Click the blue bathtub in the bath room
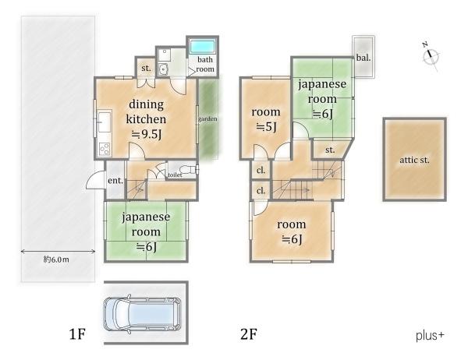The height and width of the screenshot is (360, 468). pyautogui.click(x=203, y=47)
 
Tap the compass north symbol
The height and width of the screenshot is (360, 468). pyautogui.click(x=431, y=56)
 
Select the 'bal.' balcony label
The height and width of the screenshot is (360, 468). pyautogui.click(x=363, y=58)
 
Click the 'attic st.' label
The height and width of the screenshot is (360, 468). pyautogui.click(x=415, y=160)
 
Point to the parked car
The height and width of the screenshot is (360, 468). pyautogui.click(x=143, y=314)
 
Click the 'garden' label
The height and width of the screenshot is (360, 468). pyautogui.click(x=207, y=118)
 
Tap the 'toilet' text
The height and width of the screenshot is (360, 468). pyautogui.click(x=175, y=175)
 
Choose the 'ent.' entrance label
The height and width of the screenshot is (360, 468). pyautogui.click(x=115, y=181)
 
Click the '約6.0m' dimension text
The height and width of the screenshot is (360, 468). pyautogui.click(x=56, y=259)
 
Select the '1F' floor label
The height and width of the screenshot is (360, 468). pyautogui.click(x=77, y=334)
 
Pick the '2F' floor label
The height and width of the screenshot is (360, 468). pyautogui.click(x=249, y=334)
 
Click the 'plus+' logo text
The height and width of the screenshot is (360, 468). pyautogui.click(x=430, y=336)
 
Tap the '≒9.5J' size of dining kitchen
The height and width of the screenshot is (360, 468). pyautogui.click(x=147, y=135)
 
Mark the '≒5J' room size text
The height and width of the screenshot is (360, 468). pyautogui.click(x=267, y=127)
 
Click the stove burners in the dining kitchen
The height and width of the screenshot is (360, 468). pyautogui.click(x=105, y=148)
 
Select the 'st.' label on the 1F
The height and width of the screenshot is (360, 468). pyautogui.click(x=146, y=69)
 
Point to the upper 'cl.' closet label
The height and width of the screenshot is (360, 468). pyautogui.click(x=261, y=171)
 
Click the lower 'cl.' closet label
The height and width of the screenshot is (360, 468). pyautogui.click(x=261, y=190)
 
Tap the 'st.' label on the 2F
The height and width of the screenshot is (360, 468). pyautogui.click(x=330, y=150)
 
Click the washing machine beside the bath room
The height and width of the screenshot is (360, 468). pyautogui.click(x=164, y=69)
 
